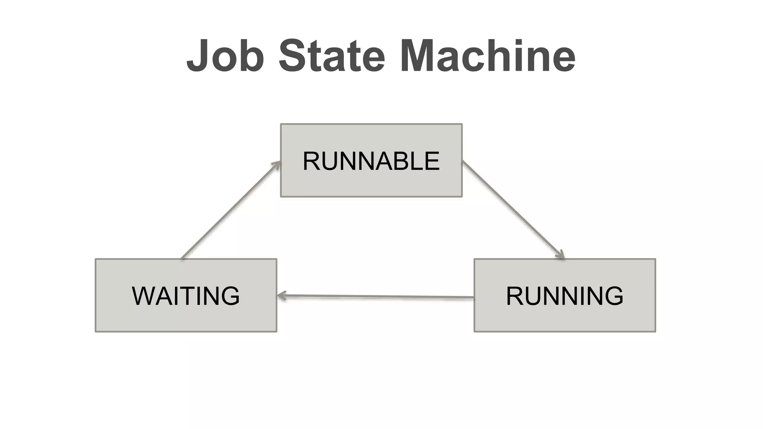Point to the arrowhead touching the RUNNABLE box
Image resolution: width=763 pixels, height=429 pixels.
(x=276, y=164)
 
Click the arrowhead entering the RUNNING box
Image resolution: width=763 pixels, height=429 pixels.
(x=561, y=255)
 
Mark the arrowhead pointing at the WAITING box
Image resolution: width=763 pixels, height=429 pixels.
(x=282, y=296)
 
